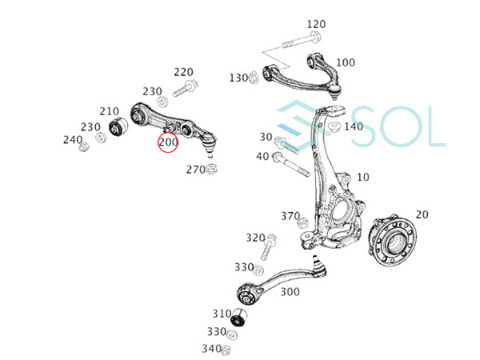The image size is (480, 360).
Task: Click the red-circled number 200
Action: (168, 142)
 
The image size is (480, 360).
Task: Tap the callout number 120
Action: (316, 24)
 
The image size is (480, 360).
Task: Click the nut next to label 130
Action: (254, 78)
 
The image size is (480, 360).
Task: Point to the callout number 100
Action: (346, 62)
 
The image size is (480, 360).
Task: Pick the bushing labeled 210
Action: (118, 126)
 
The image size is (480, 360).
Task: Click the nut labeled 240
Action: (83, 147)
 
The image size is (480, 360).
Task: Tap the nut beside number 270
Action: (211, 169)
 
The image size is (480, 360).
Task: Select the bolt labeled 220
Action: (186, 88)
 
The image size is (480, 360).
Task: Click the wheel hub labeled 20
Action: (392, 241)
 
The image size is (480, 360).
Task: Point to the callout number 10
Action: (363, 178)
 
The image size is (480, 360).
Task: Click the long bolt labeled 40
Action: (291, 165)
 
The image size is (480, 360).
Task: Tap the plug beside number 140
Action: (334, 126)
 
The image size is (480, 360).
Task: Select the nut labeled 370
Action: (302, 222)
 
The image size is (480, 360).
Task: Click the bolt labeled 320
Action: (268, 246)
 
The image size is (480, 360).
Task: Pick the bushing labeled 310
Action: (238, 318)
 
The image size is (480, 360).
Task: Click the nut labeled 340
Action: (226, 350)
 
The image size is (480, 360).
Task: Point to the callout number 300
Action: (290, 292)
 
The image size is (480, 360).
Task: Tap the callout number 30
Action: (266, 137)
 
